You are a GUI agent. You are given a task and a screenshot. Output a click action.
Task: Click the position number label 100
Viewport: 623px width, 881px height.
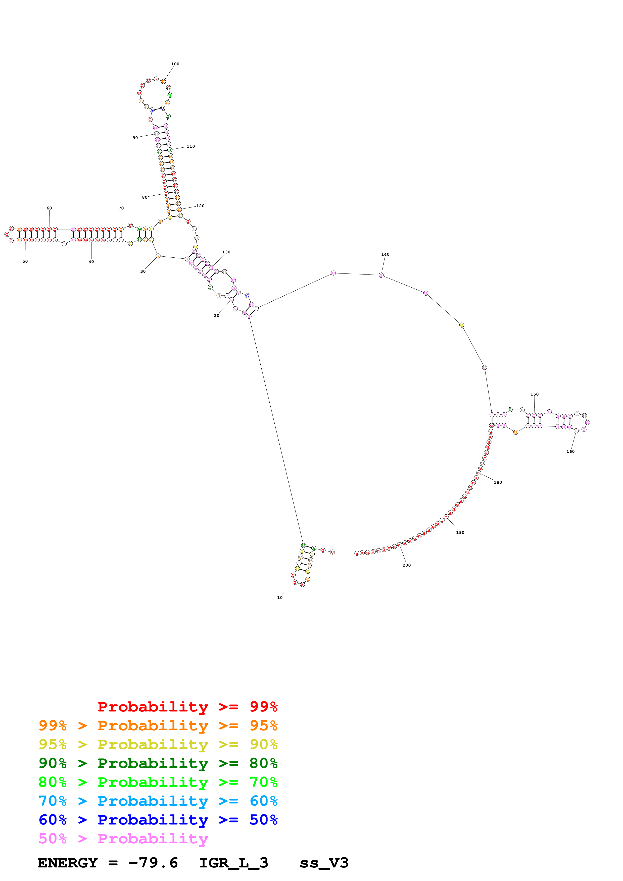point(175,64)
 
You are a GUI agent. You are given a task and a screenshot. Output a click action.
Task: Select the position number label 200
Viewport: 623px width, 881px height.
point(407,565)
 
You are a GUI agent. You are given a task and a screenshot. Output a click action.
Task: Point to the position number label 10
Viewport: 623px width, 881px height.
point(280,597)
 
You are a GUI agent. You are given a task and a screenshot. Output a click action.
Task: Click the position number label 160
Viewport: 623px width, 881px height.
point(570,451)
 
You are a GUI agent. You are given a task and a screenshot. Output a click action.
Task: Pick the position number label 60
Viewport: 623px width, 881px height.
point(49,208)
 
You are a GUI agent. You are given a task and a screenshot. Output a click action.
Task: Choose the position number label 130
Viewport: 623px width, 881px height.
point(226,252)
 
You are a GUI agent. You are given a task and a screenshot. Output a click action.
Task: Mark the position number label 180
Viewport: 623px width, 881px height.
point(498,482)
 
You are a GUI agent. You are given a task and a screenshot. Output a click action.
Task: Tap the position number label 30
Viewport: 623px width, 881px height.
point(143,271)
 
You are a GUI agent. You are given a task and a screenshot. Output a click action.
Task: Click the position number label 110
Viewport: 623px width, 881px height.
point(191,146)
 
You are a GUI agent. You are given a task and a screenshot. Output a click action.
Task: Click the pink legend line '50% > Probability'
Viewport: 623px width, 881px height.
point(123,838)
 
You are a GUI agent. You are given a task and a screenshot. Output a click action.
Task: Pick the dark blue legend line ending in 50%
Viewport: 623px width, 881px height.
point(158,820)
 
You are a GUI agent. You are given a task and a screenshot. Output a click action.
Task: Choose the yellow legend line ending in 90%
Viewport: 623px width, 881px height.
point(158,744)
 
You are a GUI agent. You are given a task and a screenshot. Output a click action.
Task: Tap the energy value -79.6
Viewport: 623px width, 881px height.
point(153,863)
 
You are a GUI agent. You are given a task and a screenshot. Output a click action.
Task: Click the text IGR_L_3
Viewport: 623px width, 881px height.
point(233,863)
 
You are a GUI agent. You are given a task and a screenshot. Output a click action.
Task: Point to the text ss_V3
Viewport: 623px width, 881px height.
point(324,863)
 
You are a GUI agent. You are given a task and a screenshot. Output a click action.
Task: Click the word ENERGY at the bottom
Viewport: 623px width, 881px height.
point(68,863)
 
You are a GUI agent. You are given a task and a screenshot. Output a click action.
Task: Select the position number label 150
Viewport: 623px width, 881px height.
point(534,394)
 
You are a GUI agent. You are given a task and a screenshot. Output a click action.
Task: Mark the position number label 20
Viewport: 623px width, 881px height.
point(216,315)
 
